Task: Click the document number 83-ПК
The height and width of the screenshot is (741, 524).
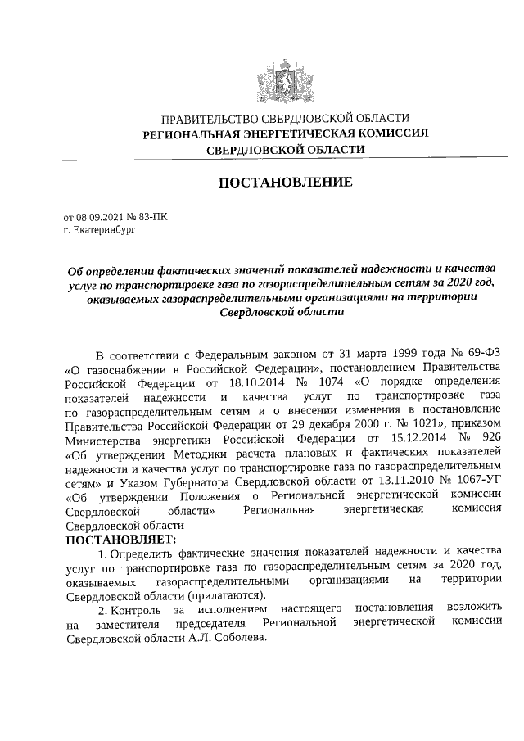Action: (160, 218)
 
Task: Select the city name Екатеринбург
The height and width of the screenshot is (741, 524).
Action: (102, 231)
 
